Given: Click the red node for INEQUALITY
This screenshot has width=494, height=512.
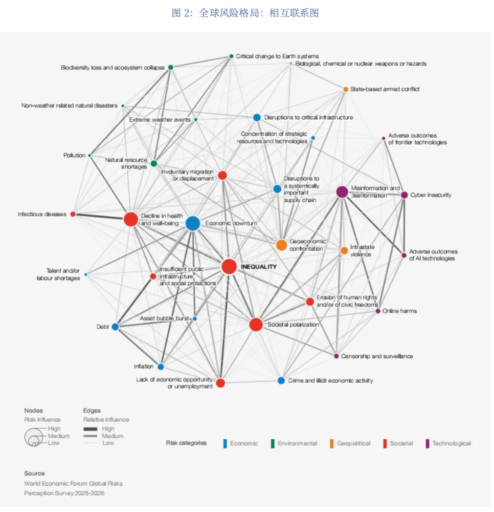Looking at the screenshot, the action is coord(229,266).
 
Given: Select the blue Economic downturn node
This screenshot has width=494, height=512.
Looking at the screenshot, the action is coord(193,223).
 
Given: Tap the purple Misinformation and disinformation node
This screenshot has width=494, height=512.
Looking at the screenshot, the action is coord(342,192).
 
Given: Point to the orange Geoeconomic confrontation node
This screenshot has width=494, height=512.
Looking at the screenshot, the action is coord(281,245).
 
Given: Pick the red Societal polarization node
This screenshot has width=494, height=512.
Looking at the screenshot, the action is coord(256,324).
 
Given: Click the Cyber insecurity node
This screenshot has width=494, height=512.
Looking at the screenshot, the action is coord(404,195).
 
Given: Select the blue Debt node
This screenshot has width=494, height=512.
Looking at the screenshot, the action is coord(115,326).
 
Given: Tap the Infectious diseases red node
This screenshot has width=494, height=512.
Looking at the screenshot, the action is coord(73,214).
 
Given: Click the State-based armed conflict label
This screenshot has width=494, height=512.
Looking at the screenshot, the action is coord(384,89).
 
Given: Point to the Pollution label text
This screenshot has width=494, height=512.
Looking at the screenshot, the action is coord(74,155).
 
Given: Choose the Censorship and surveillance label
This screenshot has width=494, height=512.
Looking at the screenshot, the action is coord(377,356).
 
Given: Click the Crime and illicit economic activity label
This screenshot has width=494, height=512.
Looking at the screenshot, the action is coord(330,381).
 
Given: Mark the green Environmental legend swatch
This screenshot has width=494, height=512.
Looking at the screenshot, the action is coord(272,444).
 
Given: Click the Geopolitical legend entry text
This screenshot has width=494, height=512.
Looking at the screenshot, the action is coord(354,444).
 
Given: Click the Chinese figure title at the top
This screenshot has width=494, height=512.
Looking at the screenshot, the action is coord(245,13).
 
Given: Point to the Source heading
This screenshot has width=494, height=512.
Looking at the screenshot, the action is coord(34,473).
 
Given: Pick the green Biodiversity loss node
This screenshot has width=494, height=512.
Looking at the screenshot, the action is coord(170,67).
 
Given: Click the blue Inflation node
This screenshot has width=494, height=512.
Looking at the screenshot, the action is coord(160,366).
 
